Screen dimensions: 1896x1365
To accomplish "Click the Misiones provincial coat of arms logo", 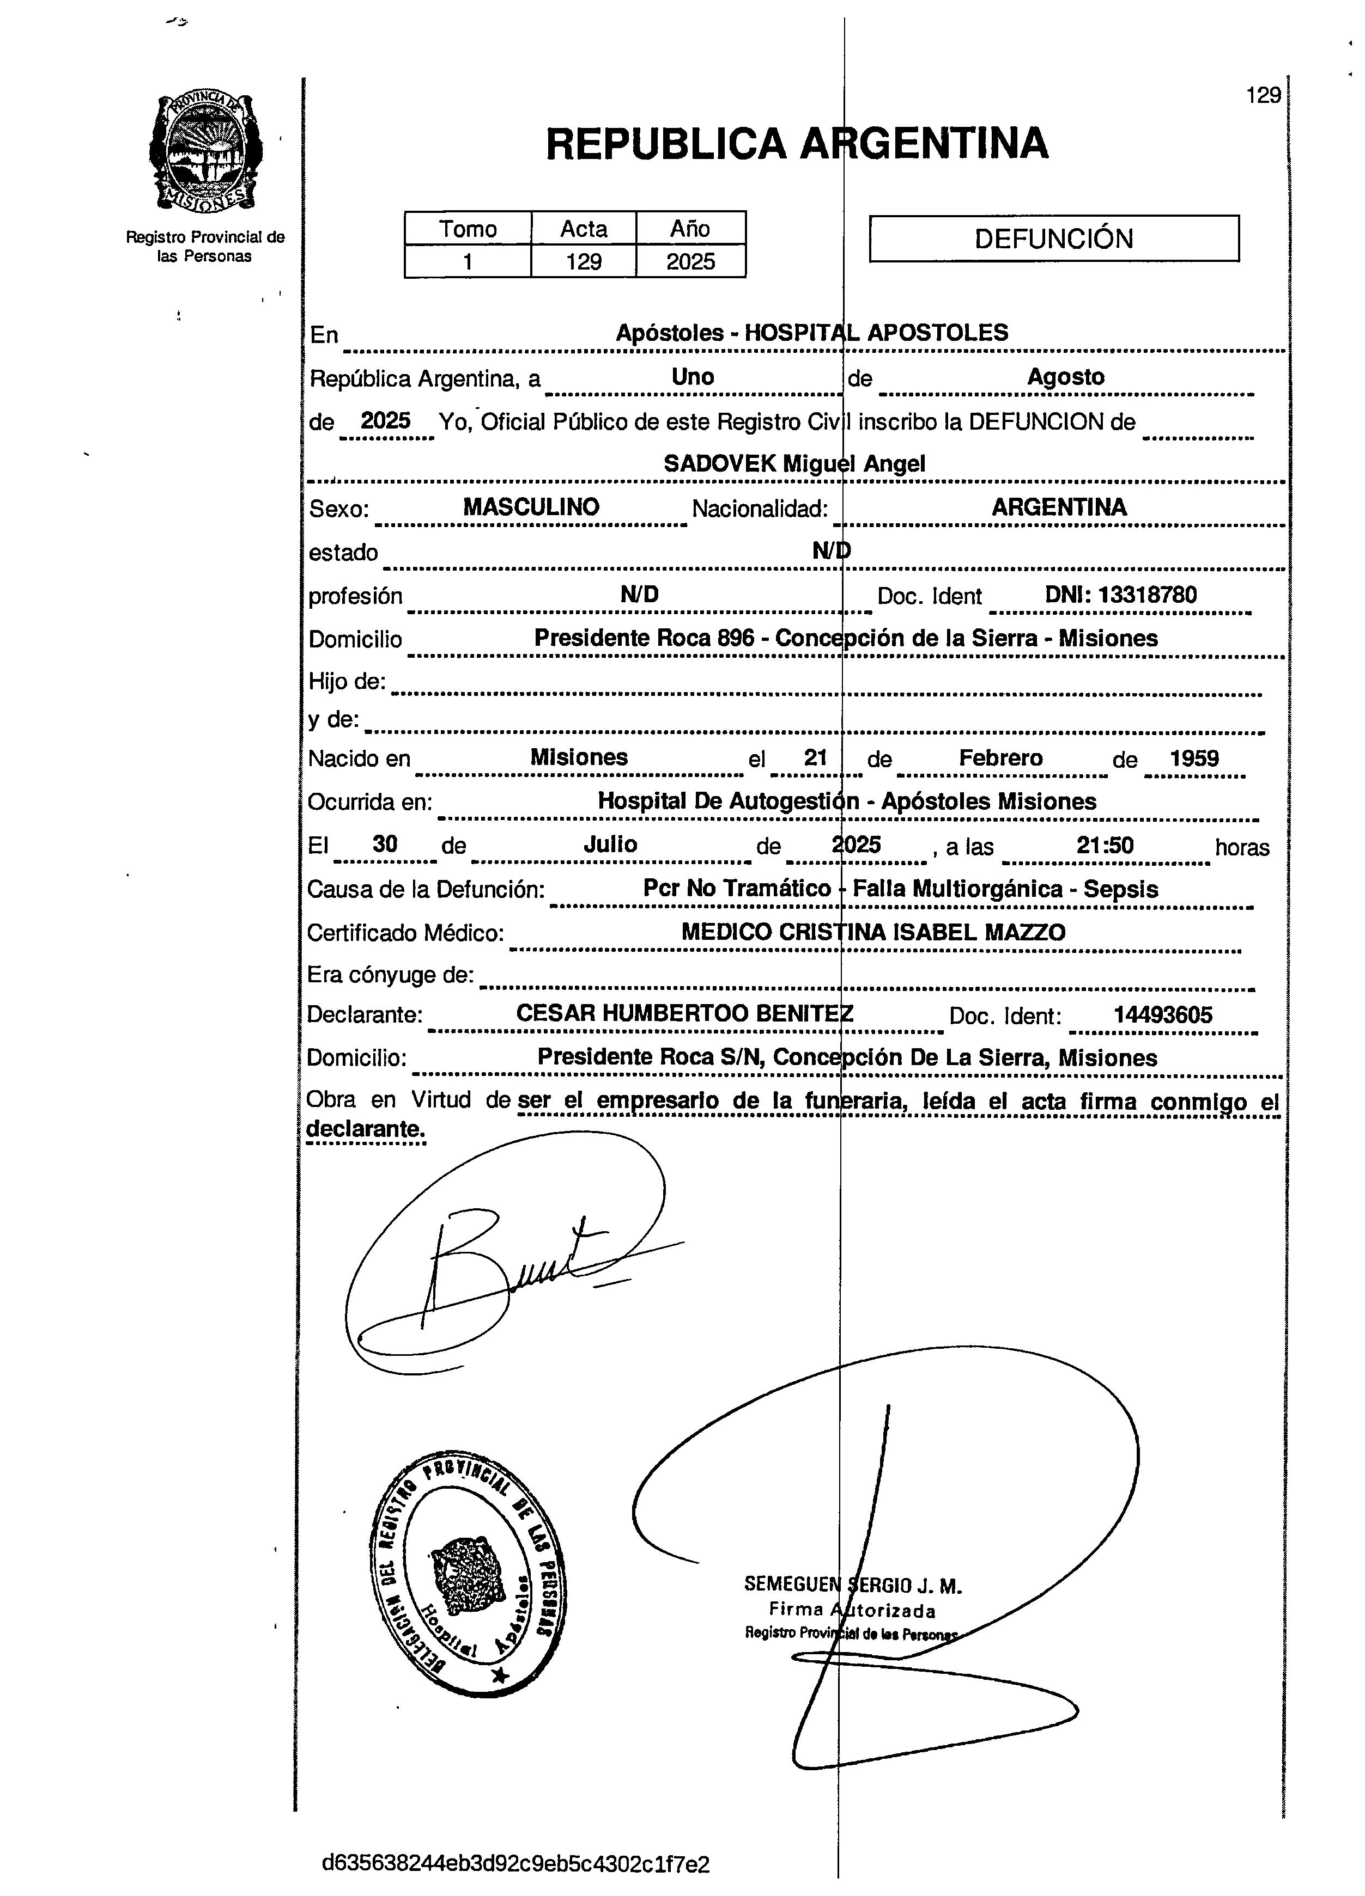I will pos(205,154).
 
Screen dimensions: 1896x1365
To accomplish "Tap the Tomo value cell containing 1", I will pos(468,262).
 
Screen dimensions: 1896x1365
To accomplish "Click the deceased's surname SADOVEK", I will pos(719,463).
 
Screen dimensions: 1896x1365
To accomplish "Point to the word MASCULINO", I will pos(531,506).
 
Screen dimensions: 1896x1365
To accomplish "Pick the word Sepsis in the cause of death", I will pos(1121,889).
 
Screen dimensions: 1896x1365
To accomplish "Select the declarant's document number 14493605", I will pos(1163,1015).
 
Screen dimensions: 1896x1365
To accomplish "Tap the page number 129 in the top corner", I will pos(1263,95).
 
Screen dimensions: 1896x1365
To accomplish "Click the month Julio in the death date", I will pos(610,845).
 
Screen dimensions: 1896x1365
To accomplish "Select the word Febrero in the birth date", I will pos(1000,758).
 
